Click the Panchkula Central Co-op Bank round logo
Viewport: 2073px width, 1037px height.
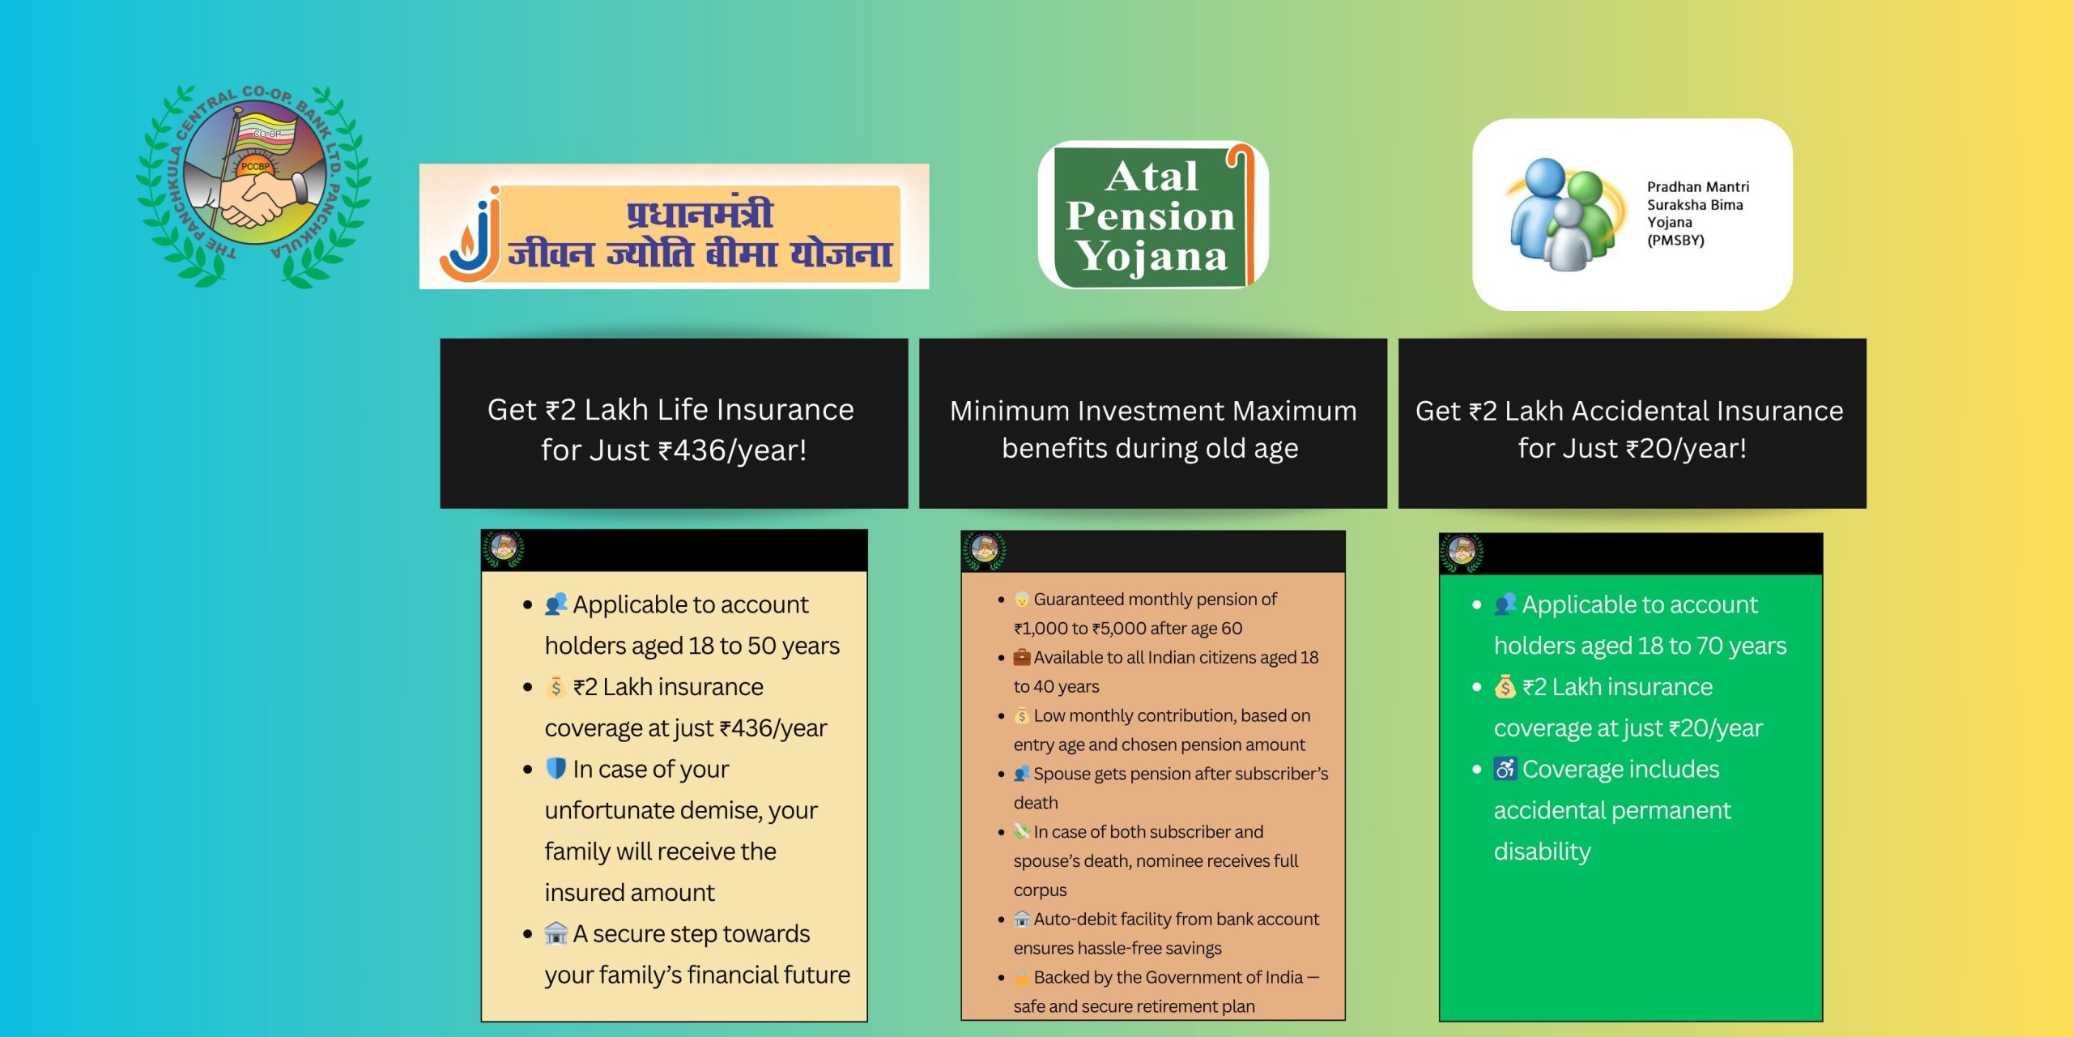(x=253, y=186)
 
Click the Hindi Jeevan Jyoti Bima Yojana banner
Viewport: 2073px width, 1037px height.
(x=674, y=226)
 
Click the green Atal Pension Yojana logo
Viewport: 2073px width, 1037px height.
(x=1153, y=215)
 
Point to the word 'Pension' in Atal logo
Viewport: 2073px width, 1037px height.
(x=1151, y=216)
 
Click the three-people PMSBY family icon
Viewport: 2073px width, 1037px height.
(x=1563, y=214)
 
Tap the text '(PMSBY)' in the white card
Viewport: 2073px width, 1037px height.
(x=1675, y=241)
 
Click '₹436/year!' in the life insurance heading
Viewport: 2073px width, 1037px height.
(x=732, y=450)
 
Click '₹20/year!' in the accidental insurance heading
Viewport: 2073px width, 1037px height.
(x=1687, y=448)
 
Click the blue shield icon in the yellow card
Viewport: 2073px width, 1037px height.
(x=555, y=768)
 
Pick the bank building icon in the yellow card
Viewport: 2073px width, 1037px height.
(x=555, y=933)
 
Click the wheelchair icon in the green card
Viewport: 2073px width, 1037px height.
(x=1505, y=768)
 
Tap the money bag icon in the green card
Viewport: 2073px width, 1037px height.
(x=1505, y=686)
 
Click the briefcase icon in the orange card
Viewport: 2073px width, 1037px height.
(x=1022, y=657)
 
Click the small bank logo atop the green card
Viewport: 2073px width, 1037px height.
(x=1462, y=553)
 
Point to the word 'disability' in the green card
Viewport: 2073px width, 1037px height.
(x=1542, y=851)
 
